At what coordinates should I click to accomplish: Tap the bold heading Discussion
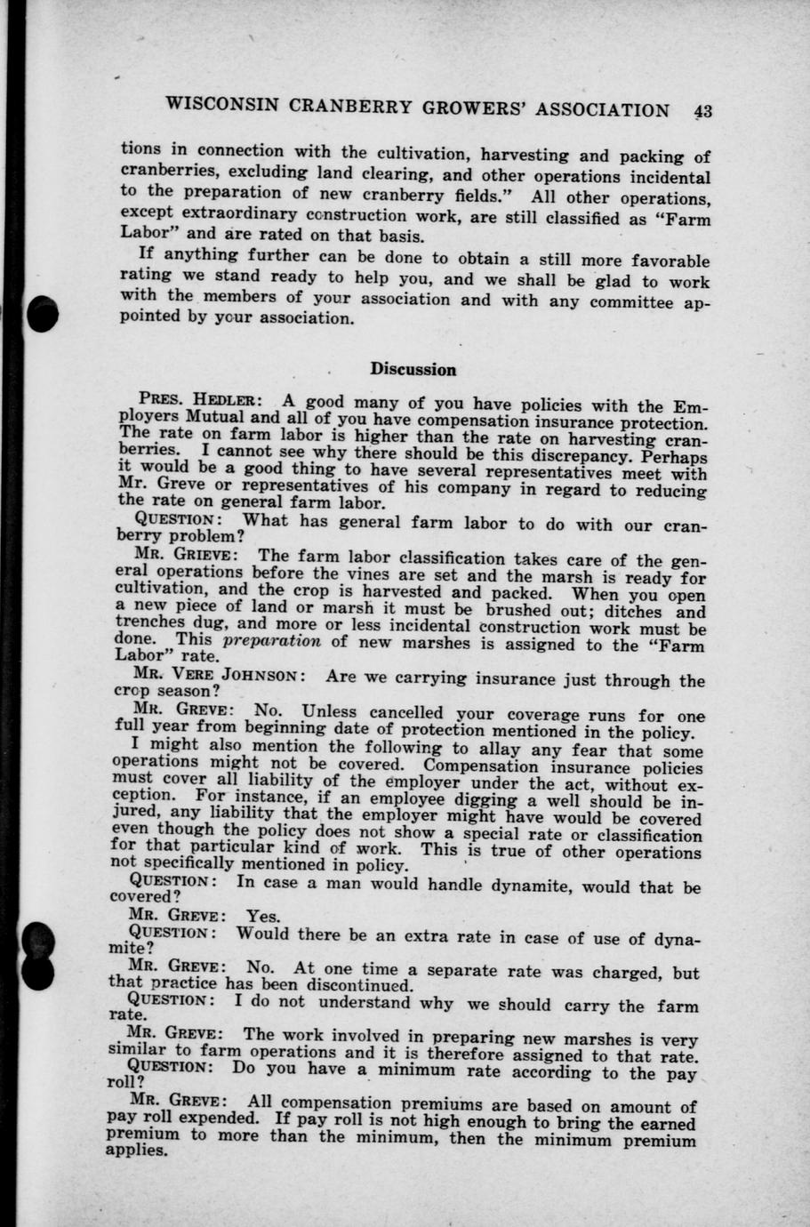pos(413,369)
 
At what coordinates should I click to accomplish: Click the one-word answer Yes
pos(263,916)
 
